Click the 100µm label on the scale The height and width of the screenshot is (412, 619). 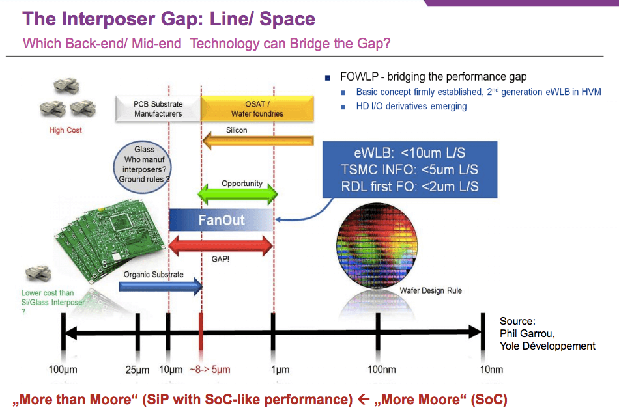pos(63,370)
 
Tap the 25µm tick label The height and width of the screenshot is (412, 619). pos(137,370)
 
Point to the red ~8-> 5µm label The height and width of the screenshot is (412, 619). pos(209,370)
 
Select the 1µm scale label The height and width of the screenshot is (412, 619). pos(280,370)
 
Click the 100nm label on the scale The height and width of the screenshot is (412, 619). pos(381,370)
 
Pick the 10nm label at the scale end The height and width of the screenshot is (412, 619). pos(491,370)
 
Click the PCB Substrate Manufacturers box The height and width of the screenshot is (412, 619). pos(158,109)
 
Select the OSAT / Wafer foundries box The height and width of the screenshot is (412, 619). pos(257,109)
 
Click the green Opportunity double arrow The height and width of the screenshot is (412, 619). pos(238,193)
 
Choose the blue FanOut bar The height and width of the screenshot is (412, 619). pos(222,219)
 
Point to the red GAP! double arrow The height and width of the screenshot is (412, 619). pos(221,246)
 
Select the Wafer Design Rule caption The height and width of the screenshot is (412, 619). pos(431,290)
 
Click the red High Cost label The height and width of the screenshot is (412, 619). pos(66,130)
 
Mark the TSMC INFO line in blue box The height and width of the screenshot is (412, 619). pos(409,171)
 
